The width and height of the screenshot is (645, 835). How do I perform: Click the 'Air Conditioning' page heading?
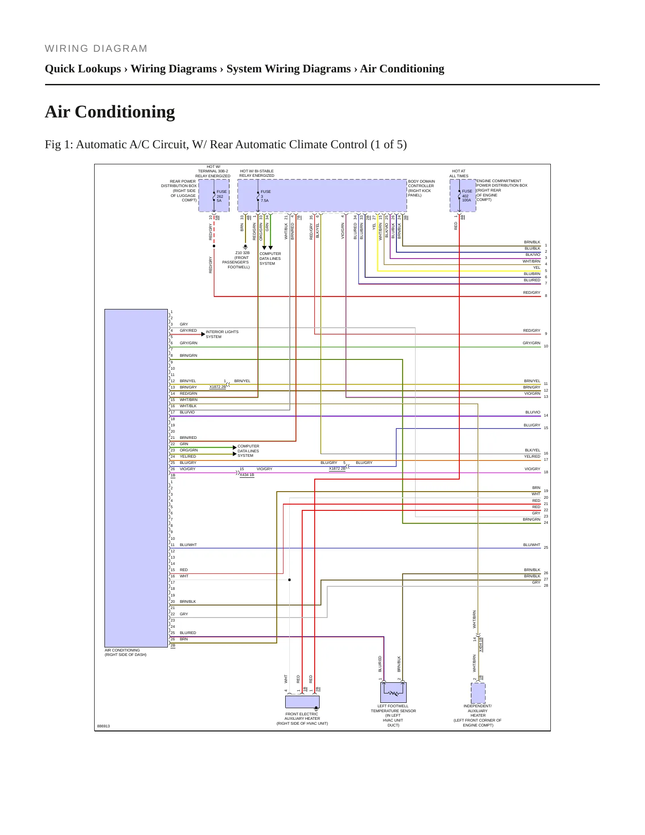click(x=110, y=112)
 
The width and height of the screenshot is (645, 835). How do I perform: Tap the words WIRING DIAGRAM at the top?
click(x=96, y=49)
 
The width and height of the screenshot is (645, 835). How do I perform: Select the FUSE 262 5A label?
click(x=222, y=196)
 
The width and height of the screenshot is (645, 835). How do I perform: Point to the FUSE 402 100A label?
click(x=467, y=196)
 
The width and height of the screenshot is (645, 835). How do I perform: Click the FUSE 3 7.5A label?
click(x=266, y=196)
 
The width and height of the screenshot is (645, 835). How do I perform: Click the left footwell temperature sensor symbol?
click(x=393, y=693)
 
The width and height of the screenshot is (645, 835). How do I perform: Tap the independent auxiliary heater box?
click(x=478, y=693)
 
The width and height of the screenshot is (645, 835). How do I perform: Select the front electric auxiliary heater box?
click(x=302, y=702)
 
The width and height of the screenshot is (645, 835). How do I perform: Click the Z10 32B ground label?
click(x=242, y=253)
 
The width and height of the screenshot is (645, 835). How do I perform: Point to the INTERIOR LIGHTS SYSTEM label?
click(x=222, y=334)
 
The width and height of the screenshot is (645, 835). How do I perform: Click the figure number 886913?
click(x=104, y=726)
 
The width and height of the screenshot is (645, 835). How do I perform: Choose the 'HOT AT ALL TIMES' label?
click(x=459, y=173)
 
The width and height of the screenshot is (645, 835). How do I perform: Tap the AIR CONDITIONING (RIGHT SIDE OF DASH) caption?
click(x=125, y=652)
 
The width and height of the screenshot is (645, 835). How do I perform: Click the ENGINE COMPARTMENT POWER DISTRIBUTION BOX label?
click(x=502, y=190)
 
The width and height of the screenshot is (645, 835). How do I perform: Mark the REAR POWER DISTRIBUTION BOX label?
click(x=179, y=191)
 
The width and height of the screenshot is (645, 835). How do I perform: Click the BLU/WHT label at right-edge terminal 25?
click(x=532, y=545)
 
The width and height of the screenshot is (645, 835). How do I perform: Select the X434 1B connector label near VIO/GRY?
click(x=247, y=475)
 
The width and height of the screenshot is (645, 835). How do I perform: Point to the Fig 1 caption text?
click(x=226, y=145)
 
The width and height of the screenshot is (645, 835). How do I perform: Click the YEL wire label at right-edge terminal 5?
click(x=537, y=267)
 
